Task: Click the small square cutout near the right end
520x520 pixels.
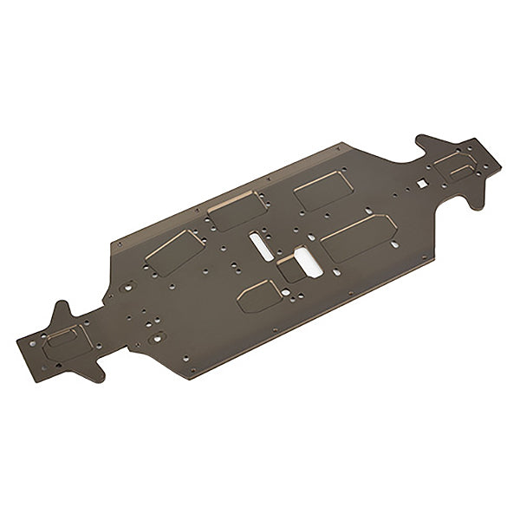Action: point(421,183)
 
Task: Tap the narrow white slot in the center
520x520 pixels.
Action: point(259,244)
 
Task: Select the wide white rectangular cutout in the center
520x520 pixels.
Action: point(308,262)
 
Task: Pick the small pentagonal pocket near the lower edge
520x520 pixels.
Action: point(259,296)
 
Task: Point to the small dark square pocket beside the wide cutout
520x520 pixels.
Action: point(289,269)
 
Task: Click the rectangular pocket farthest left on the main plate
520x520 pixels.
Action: point(173,252)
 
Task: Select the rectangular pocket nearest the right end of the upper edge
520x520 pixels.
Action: point(321,189)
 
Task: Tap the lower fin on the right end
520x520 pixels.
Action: point(475,198)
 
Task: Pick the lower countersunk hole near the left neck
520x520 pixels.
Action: point(156,336)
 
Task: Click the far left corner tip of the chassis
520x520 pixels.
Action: point(19,343)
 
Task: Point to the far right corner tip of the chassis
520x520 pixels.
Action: point(500,166)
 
